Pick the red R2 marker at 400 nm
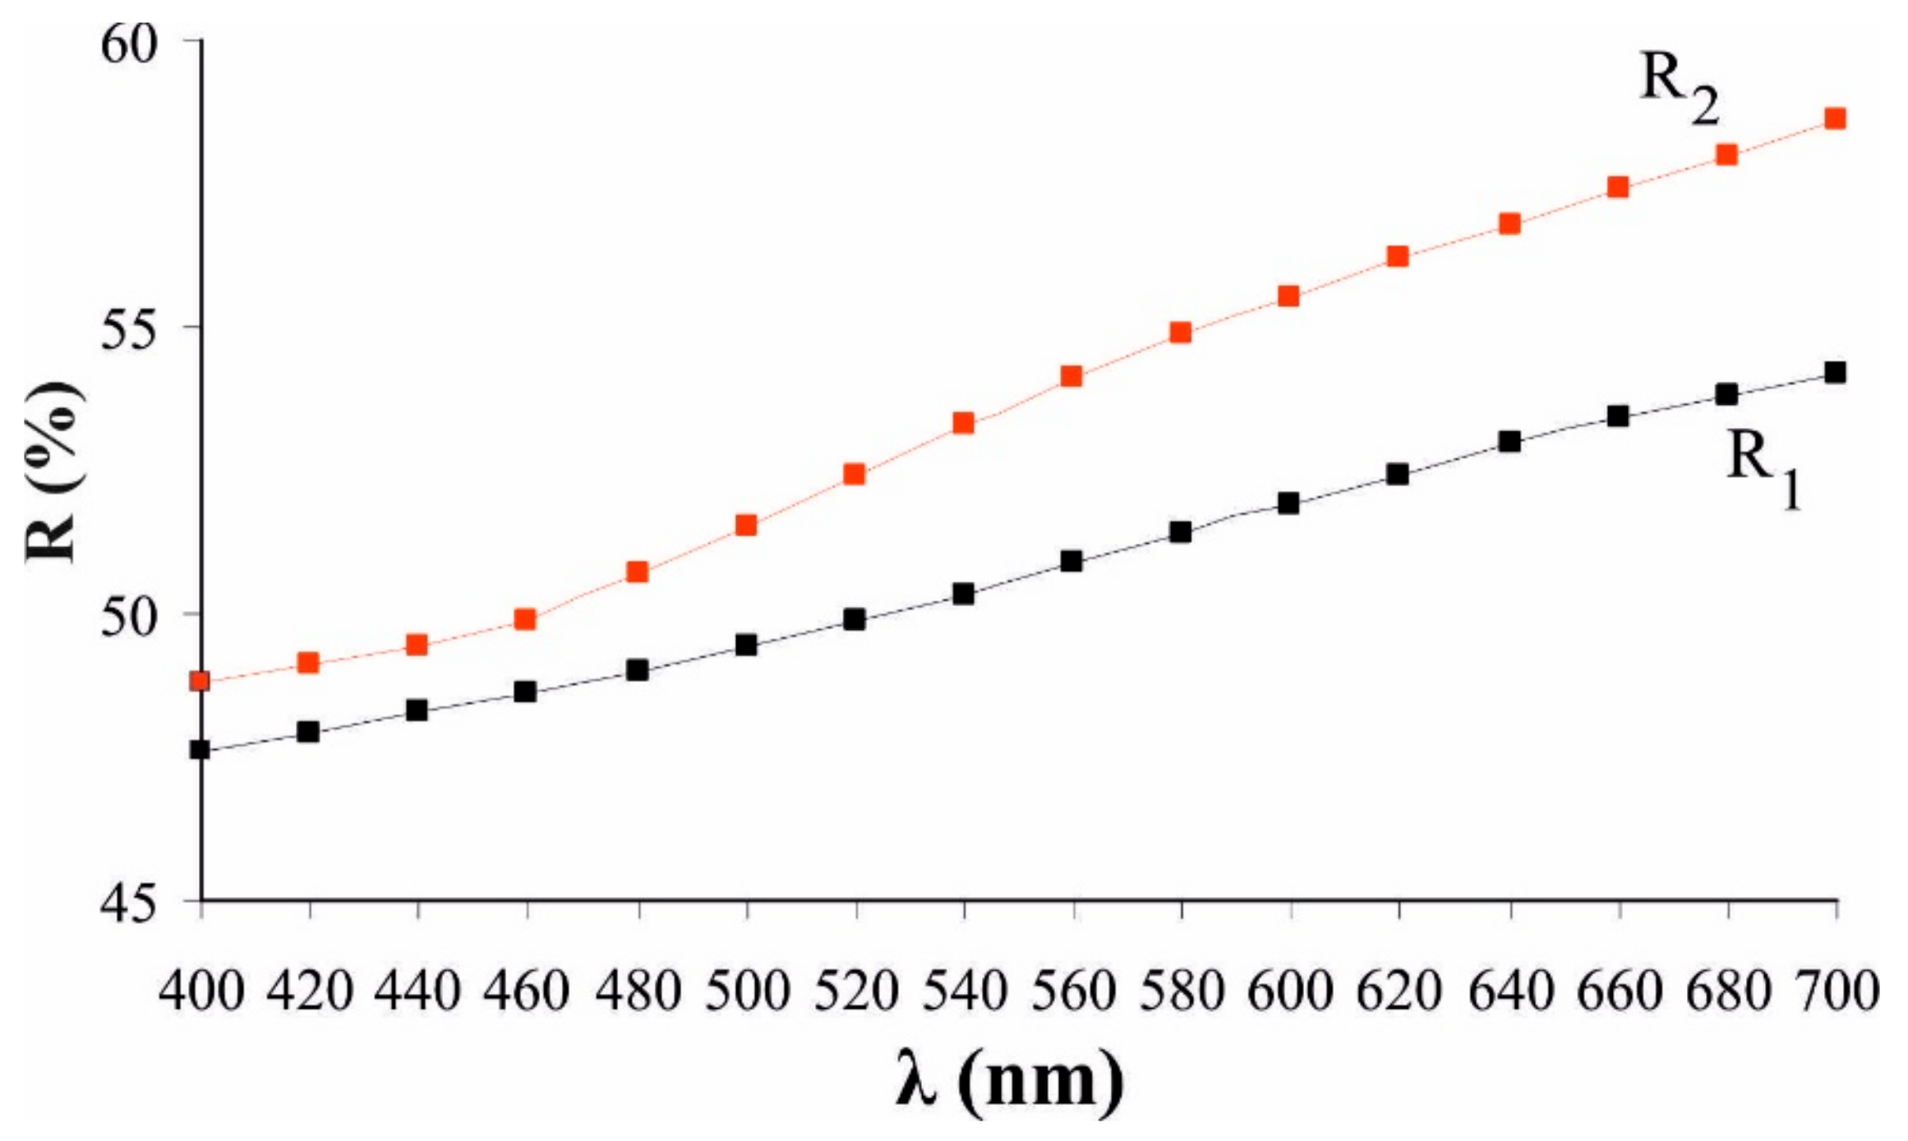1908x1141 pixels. click(200, 681)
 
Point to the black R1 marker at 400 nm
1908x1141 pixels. click(200, 749)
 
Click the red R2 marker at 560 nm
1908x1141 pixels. click(1072, 376)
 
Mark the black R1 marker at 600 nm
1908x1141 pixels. click(1289, 503)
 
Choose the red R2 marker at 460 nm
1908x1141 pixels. click(526, 619)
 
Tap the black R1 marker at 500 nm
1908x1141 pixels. click(746, 645)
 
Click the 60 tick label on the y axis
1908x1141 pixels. click(128, 44)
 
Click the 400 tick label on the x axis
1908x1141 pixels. click(202, 991)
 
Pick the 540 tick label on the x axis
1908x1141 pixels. click(964, 991)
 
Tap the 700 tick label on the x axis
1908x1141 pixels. click(1836, 991)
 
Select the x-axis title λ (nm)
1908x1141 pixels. click(1009, 1079)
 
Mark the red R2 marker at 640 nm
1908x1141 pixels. click(1509, 223)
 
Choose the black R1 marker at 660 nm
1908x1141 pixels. click(1618, 416)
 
